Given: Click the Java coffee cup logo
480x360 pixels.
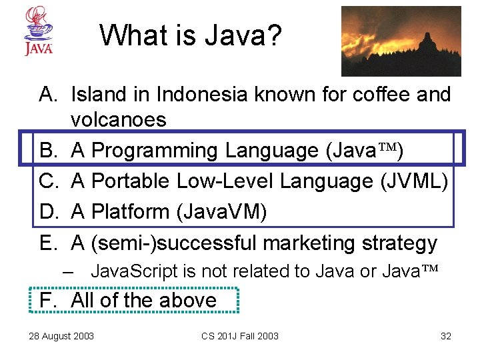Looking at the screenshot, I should (39, 31).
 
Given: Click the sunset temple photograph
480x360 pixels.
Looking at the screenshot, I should (401, 41).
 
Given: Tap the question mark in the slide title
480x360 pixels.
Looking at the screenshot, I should (273, 35).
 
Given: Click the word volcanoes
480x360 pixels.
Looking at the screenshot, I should (118, 120).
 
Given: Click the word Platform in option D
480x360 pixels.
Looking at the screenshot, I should (130, 212).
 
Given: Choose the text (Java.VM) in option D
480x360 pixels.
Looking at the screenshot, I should (221, 212).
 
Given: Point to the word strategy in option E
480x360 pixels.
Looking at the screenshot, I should (399, 243).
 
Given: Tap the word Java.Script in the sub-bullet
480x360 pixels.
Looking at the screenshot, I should (134, 271).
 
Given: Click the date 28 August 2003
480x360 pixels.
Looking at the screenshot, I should (61, 336).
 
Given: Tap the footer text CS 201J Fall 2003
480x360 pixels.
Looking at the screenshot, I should (240, 336).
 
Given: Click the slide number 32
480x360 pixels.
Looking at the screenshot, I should (446, 336).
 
